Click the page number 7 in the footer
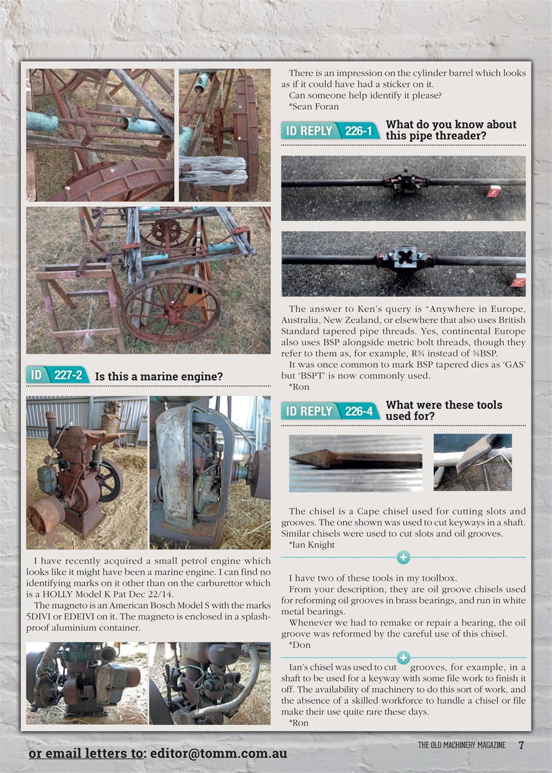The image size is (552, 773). coord(521,745)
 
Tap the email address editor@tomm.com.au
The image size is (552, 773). coord(218,753)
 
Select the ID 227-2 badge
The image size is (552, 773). coord(57,375)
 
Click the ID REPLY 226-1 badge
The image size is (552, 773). coord(330,130)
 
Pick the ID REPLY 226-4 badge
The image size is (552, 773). coord(330,411)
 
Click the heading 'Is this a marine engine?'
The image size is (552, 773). coord(159,377)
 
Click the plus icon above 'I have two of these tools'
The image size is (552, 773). coord(404,557)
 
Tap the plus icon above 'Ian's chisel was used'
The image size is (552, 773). coord(404,657)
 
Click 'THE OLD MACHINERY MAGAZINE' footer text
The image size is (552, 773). coord(462,745)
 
